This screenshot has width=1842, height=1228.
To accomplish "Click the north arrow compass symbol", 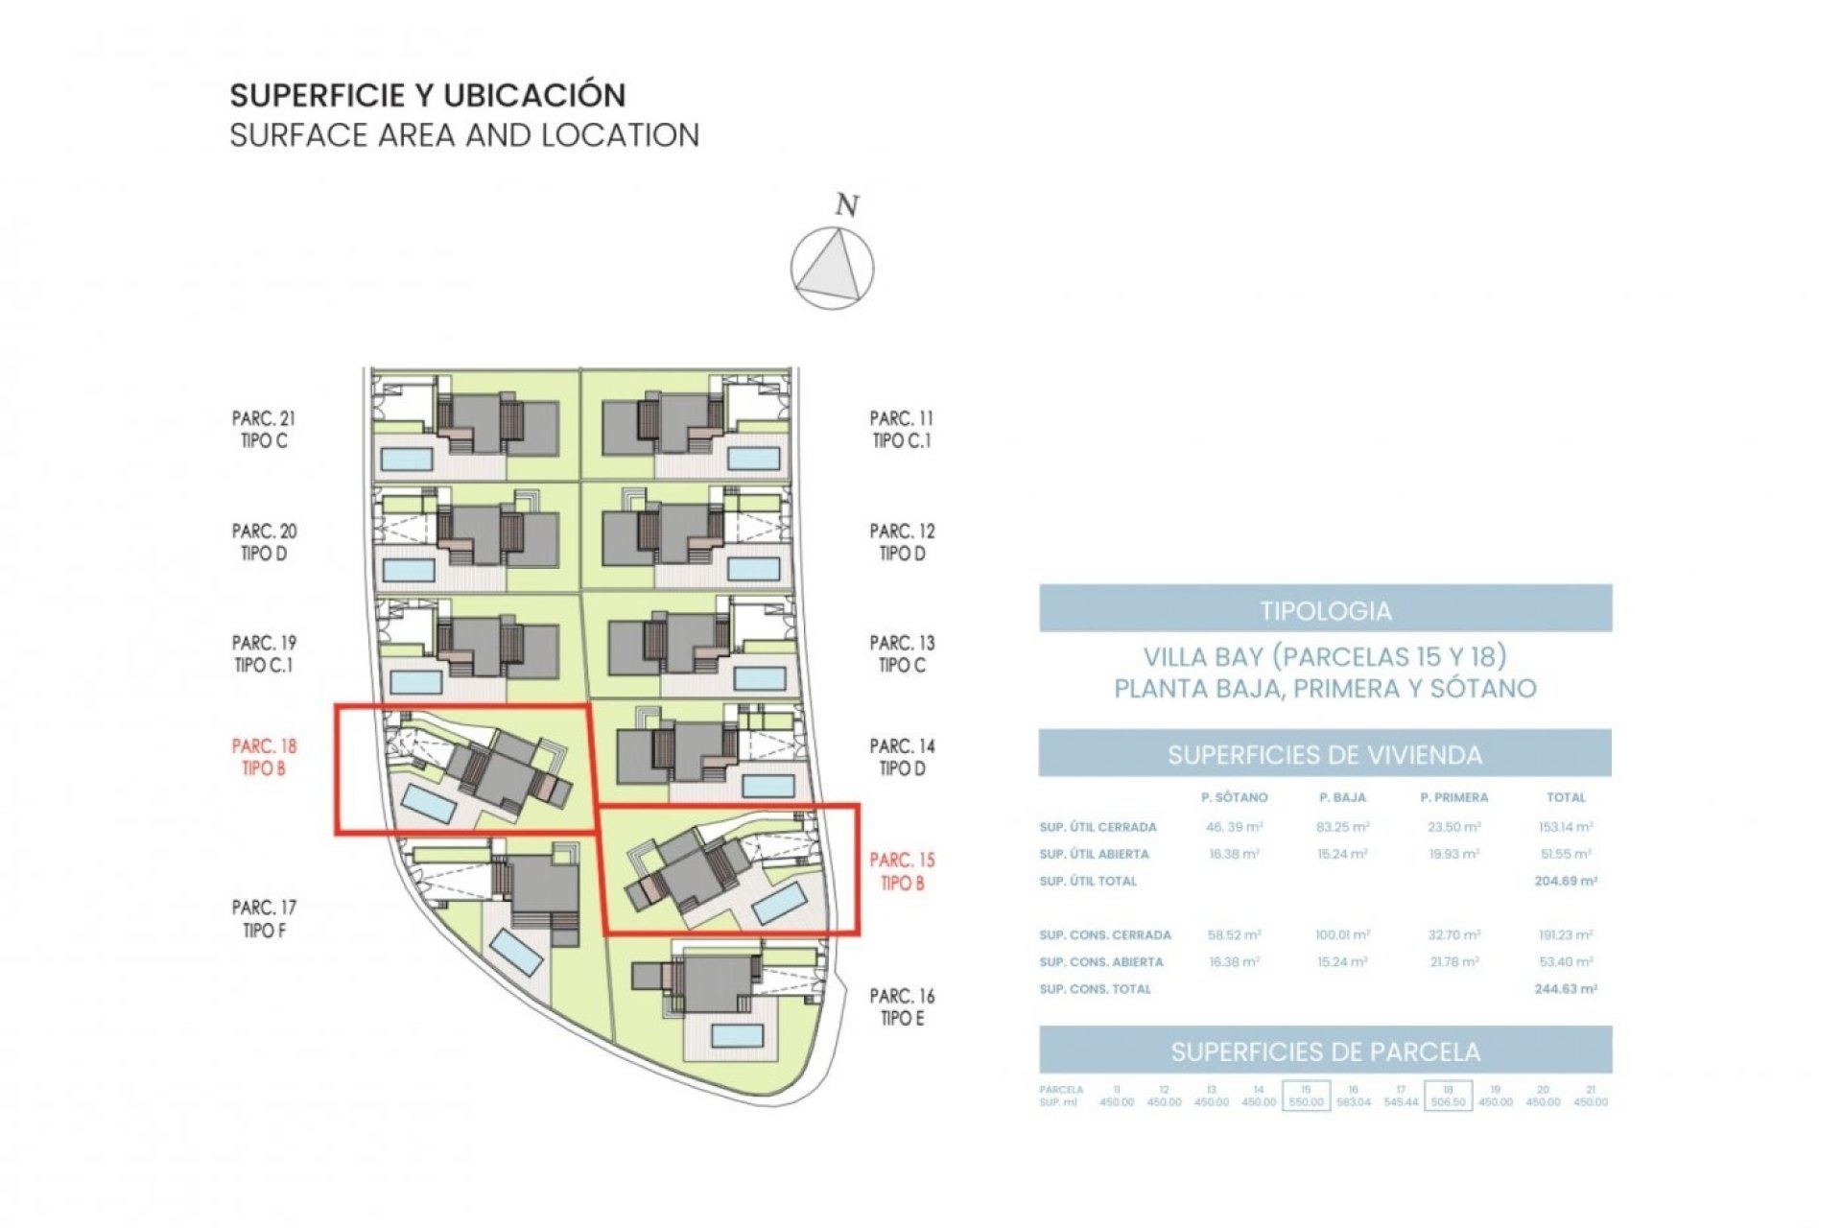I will point(832,268).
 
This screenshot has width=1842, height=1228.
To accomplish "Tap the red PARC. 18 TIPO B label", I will point(264,757).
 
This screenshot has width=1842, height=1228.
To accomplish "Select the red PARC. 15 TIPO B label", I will point(902,871).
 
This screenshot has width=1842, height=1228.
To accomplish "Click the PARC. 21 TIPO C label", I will point(264,430).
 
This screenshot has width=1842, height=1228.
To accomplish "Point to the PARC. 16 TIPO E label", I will point(902,1007).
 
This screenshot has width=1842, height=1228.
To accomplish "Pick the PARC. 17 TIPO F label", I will point(264,918).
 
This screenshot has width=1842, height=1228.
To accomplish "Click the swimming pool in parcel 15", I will point(778,904).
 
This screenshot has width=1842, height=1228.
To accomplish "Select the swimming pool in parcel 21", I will point(407,459).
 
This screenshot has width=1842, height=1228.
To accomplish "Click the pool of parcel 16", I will point(737,1035).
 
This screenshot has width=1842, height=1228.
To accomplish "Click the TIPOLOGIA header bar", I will point(1325,609).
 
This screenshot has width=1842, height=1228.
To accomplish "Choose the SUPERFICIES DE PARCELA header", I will point(1325,1051).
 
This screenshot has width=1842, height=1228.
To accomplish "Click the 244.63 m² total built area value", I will point(1565,989).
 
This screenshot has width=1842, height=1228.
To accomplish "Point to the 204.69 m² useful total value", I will point(1565,881).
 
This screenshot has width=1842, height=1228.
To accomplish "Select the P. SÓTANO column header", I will point(1234,797).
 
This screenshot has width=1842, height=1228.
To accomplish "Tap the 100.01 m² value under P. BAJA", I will point(1342,934).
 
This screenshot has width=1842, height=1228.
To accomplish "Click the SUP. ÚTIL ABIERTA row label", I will point(1094,854).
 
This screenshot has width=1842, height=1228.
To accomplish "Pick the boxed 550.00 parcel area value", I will point(1306,1102).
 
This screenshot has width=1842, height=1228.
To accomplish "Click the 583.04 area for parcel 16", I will point(1353,1102).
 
